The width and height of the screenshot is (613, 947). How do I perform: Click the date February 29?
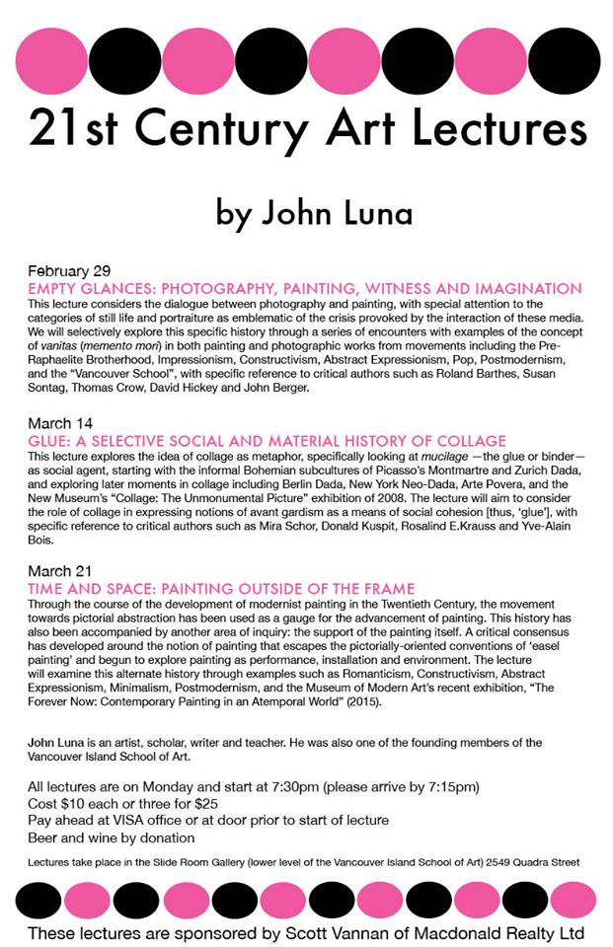(68, 270)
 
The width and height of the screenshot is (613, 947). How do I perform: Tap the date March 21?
(60, 572)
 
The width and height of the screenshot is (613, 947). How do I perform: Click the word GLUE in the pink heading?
(52, 440)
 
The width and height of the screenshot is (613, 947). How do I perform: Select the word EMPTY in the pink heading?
(57, 288)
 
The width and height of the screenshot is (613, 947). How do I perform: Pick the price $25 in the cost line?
(198, 803)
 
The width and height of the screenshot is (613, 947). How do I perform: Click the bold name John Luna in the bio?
(59, 742)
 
